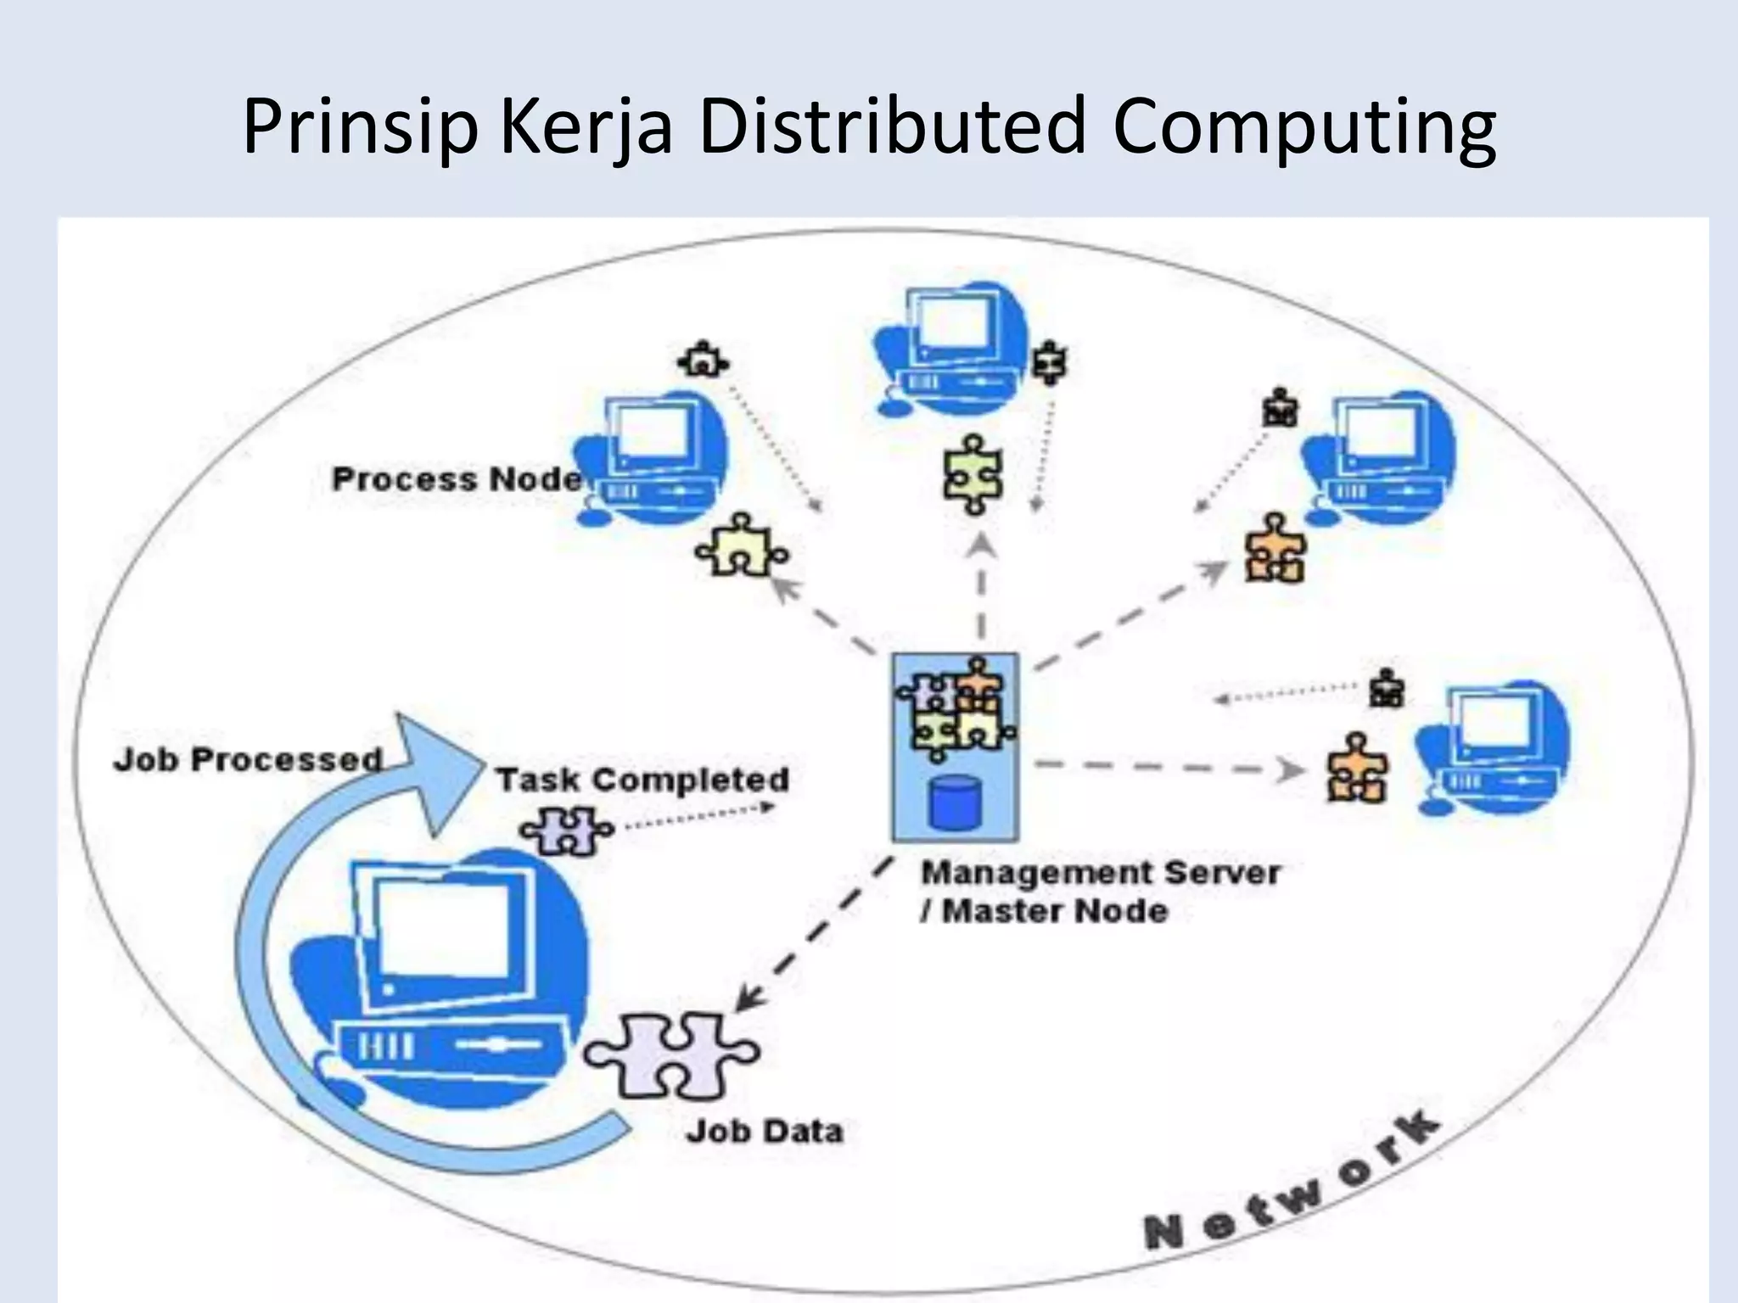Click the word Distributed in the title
tap(892, 127)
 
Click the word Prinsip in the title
tap(360, 127)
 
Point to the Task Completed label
tap(642, 780)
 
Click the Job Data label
tap(764, 1131)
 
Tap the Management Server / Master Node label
tap(1100, 892)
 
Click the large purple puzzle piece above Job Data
tap(670, 1056)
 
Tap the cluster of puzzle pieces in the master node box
tap(956, 709)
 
